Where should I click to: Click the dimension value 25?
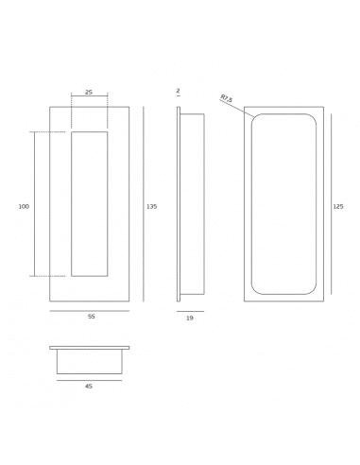(89, 93)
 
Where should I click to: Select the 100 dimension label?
(24, 207)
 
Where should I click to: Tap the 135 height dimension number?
(151, 207)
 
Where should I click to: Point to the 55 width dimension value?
(92, 317)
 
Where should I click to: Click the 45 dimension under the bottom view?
(89, 386)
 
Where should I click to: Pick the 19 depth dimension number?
(190, 319)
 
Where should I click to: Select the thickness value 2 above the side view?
(178, 91)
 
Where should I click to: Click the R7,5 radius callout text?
(227, 98)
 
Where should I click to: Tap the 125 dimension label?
(338, 207)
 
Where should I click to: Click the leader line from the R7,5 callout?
(237, 109)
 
